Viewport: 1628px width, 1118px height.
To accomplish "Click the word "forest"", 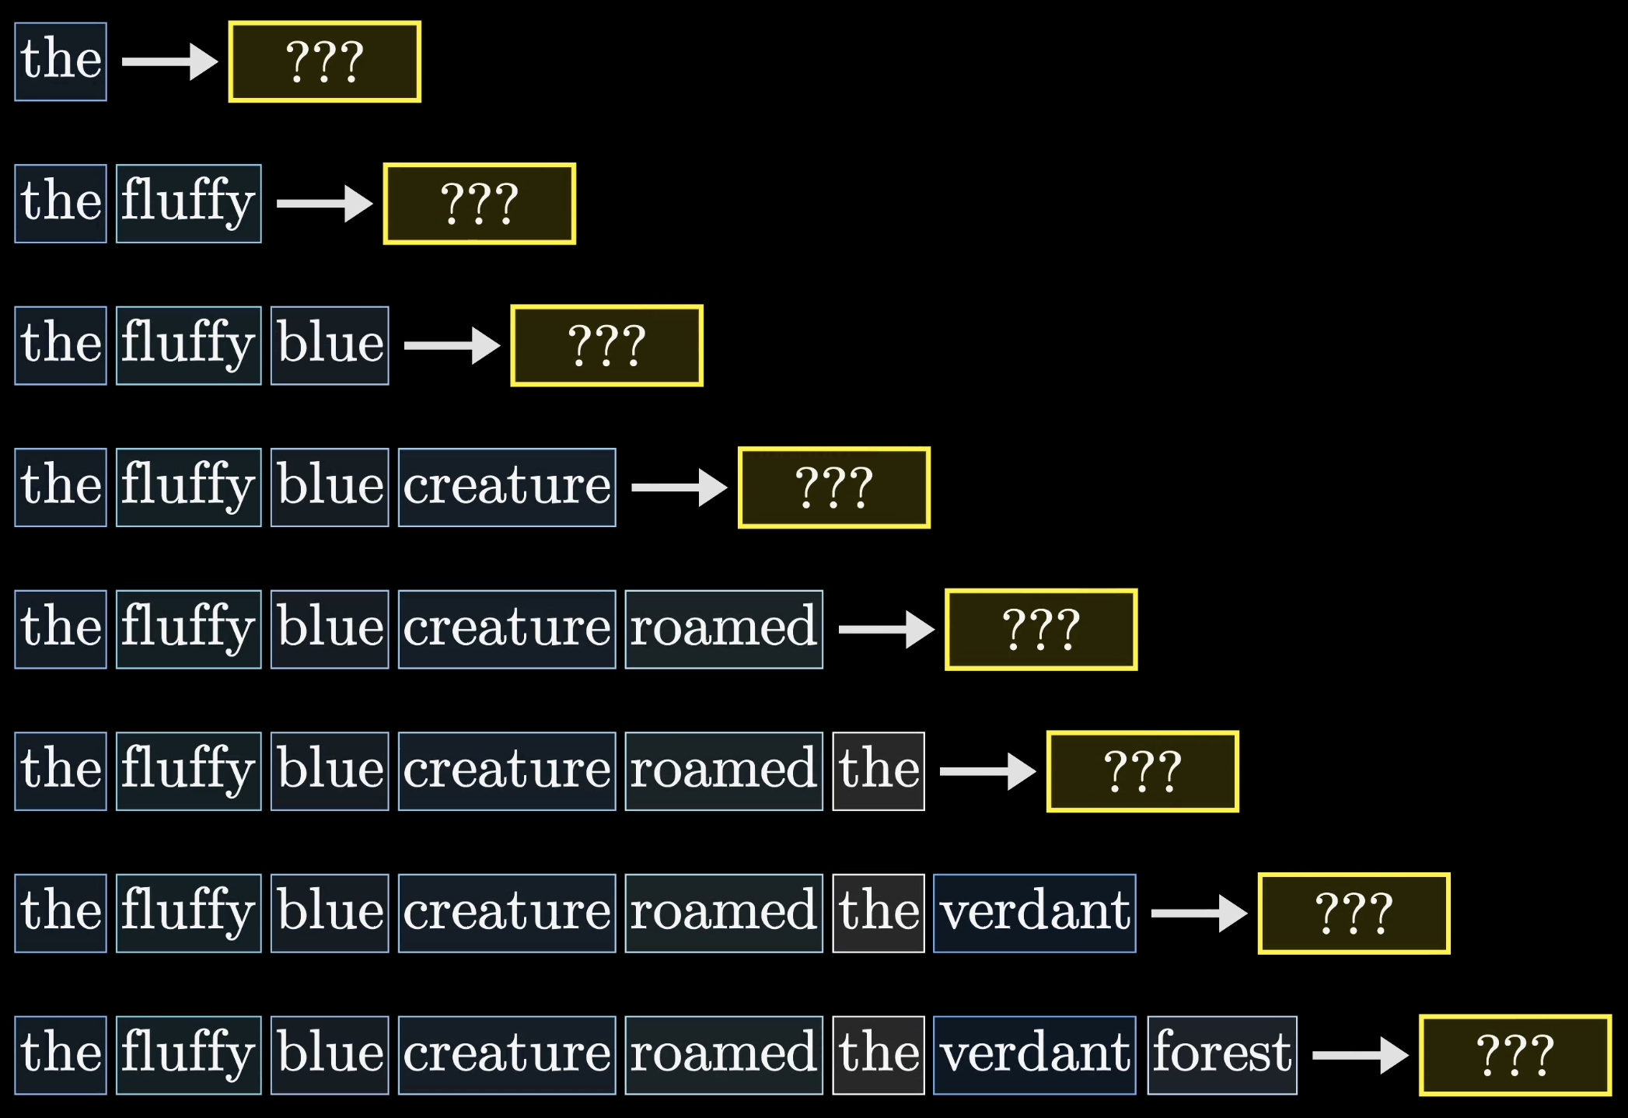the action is tap(1222, 1055).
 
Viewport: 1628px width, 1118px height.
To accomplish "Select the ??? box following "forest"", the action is tap(1514, 1055).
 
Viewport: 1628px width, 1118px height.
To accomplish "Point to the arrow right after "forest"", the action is tap(1359, 1055).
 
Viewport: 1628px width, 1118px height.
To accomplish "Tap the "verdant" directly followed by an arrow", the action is tap(1035, 913).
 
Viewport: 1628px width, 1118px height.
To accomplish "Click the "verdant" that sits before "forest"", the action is tap(1035, 1055).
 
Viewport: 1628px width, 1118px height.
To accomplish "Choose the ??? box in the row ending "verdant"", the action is tap(1354, 913).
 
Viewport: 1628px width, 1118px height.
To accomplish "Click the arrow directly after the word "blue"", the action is tap(451, 345).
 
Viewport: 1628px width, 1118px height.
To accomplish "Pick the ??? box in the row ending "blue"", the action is tap(606, 345).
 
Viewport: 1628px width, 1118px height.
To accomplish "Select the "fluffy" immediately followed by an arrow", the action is tap(189, 204).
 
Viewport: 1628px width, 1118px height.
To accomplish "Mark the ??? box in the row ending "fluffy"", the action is tap(480, 204).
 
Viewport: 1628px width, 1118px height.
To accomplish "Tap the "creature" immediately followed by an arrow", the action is tap(507, 487).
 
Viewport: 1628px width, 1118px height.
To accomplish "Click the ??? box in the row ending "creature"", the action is tap(833, 487).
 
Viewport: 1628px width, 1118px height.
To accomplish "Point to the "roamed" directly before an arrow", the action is tap(724, 629).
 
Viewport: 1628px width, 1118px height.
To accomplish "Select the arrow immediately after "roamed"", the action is tap(886, 629).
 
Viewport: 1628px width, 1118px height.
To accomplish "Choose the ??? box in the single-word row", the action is tap(325, 61).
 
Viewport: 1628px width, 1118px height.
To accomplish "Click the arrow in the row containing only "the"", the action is tap(169, 61).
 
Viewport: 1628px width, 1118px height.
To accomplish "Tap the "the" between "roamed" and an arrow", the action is tap(879, 771).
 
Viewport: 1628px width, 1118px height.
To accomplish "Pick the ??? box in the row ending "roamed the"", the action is tap(1142, 771).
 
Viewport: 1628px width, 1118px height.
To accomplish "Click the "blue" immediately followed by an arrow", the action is tap(330, 345).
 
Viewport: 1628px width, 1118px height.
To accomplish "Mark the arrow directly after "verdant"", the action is tap(1198, 913).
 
